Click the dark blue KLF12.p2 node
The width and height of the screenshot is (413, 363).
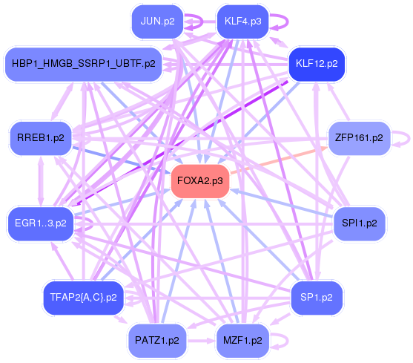[x=316, y=63]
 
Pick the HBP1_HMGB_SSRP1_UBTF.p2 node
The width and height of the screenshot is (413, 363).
[x=83, y=64]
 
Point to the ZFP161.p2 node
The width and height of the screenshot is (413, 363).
[x=358, y=138]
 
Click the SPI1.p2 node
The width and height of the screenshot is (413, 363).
[x=359, y=222]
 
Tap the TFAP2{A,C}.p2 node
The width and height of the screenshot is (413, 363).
[x=83, y=297]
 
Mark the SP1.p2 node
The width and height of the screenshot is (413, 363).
[x=316, y=297]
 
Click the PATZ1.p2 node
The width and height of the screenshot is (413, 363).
[x=157, y=341]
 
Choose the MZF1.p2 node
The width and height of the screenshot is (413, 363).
[x=242, y=341]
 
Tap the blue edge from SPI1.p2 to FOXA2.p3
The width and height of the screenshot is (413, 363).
[x=282, y=202]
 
